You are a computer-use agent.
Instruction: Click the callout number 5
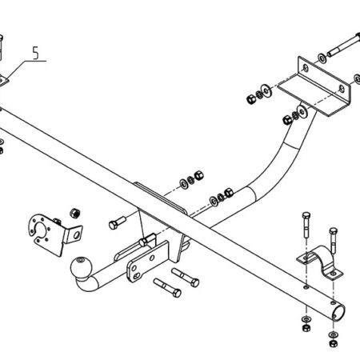(x=36, y=53)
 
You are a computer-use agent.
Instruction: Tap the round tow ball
(x=82, y=267)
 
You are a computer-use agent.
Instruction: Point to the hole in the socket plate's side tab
(x=77, y=235)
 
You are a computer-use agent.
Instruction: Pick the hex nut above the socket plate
(x=75, y=213)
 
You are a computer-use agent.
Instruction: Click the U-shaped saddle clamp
(x=320, y=262)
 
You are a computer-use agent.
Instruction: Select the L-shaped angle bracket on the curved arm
(x=314, y=86)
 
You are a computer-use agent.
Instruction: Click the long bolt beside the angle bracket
(x=344, y=45)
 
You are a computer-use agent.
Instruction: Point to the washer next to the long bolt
(x=322, y=58)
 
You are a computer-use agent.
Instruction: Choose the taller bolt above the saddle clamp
(x=306, y=225)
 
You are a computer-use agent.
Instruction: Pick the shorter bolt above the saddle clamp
(x=333, y=239)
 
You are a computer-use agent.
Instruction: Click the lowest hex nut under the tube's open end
(x=333, y=343)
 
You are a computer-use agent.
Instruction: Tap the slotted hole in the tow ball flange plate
(x=136, y=276)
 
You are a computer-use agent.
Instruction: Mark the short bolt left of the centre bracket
(x=118, y=222)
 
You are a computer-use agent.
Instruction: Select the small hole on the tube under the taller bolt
(x=306, y=287)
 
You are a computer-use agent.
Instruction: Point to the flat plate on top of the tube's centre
(x=160, y=198)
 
